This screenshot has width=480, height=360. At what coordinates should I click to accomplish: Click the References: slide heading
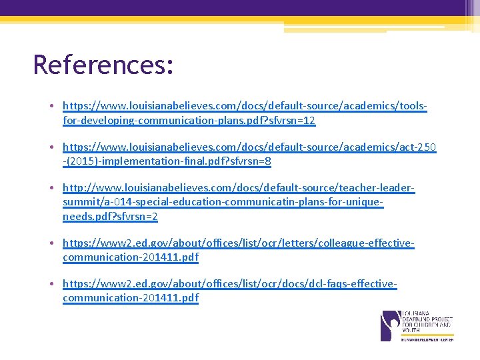[x=103, y=65]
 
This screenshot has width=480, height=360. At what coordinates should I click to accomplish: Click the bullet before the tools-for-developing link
[x=51, y=106]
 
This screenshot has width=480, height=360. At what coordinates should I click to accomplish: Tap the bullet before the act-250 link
[x=51, y=147]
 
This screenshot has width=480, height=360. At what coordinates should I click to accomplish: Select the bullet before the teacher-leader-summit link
[x=51, y=189]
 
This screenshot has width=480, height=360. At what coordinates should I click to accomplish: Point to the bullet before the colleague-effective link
[x=51, y=244]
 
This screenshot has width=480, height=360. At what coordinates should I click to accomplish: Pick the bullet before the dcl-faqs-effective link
[x=51, y=284]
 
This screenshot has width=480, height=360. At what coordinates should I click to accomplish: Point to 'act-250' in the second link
[x=418, y=147]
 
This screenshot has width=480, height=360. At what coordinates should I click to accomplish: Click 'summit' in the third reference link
[x=80, y=203]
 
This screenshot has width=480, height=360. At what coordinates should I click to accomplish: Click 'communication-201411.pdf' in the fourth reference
[x=131, y=257]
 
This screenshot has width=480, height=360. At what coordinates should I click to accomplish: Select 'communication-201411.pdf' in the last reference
[x=131, y=298]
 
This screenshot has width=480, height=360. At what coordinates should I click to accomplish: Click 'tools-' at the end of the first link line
[x=413, y=106]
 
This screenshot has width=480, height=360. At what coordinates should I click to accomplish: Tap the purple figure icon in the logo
[x=389, y=325]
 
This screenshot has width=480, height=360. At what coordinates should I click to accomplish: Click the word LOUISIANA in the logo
[x=416, y=313]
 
